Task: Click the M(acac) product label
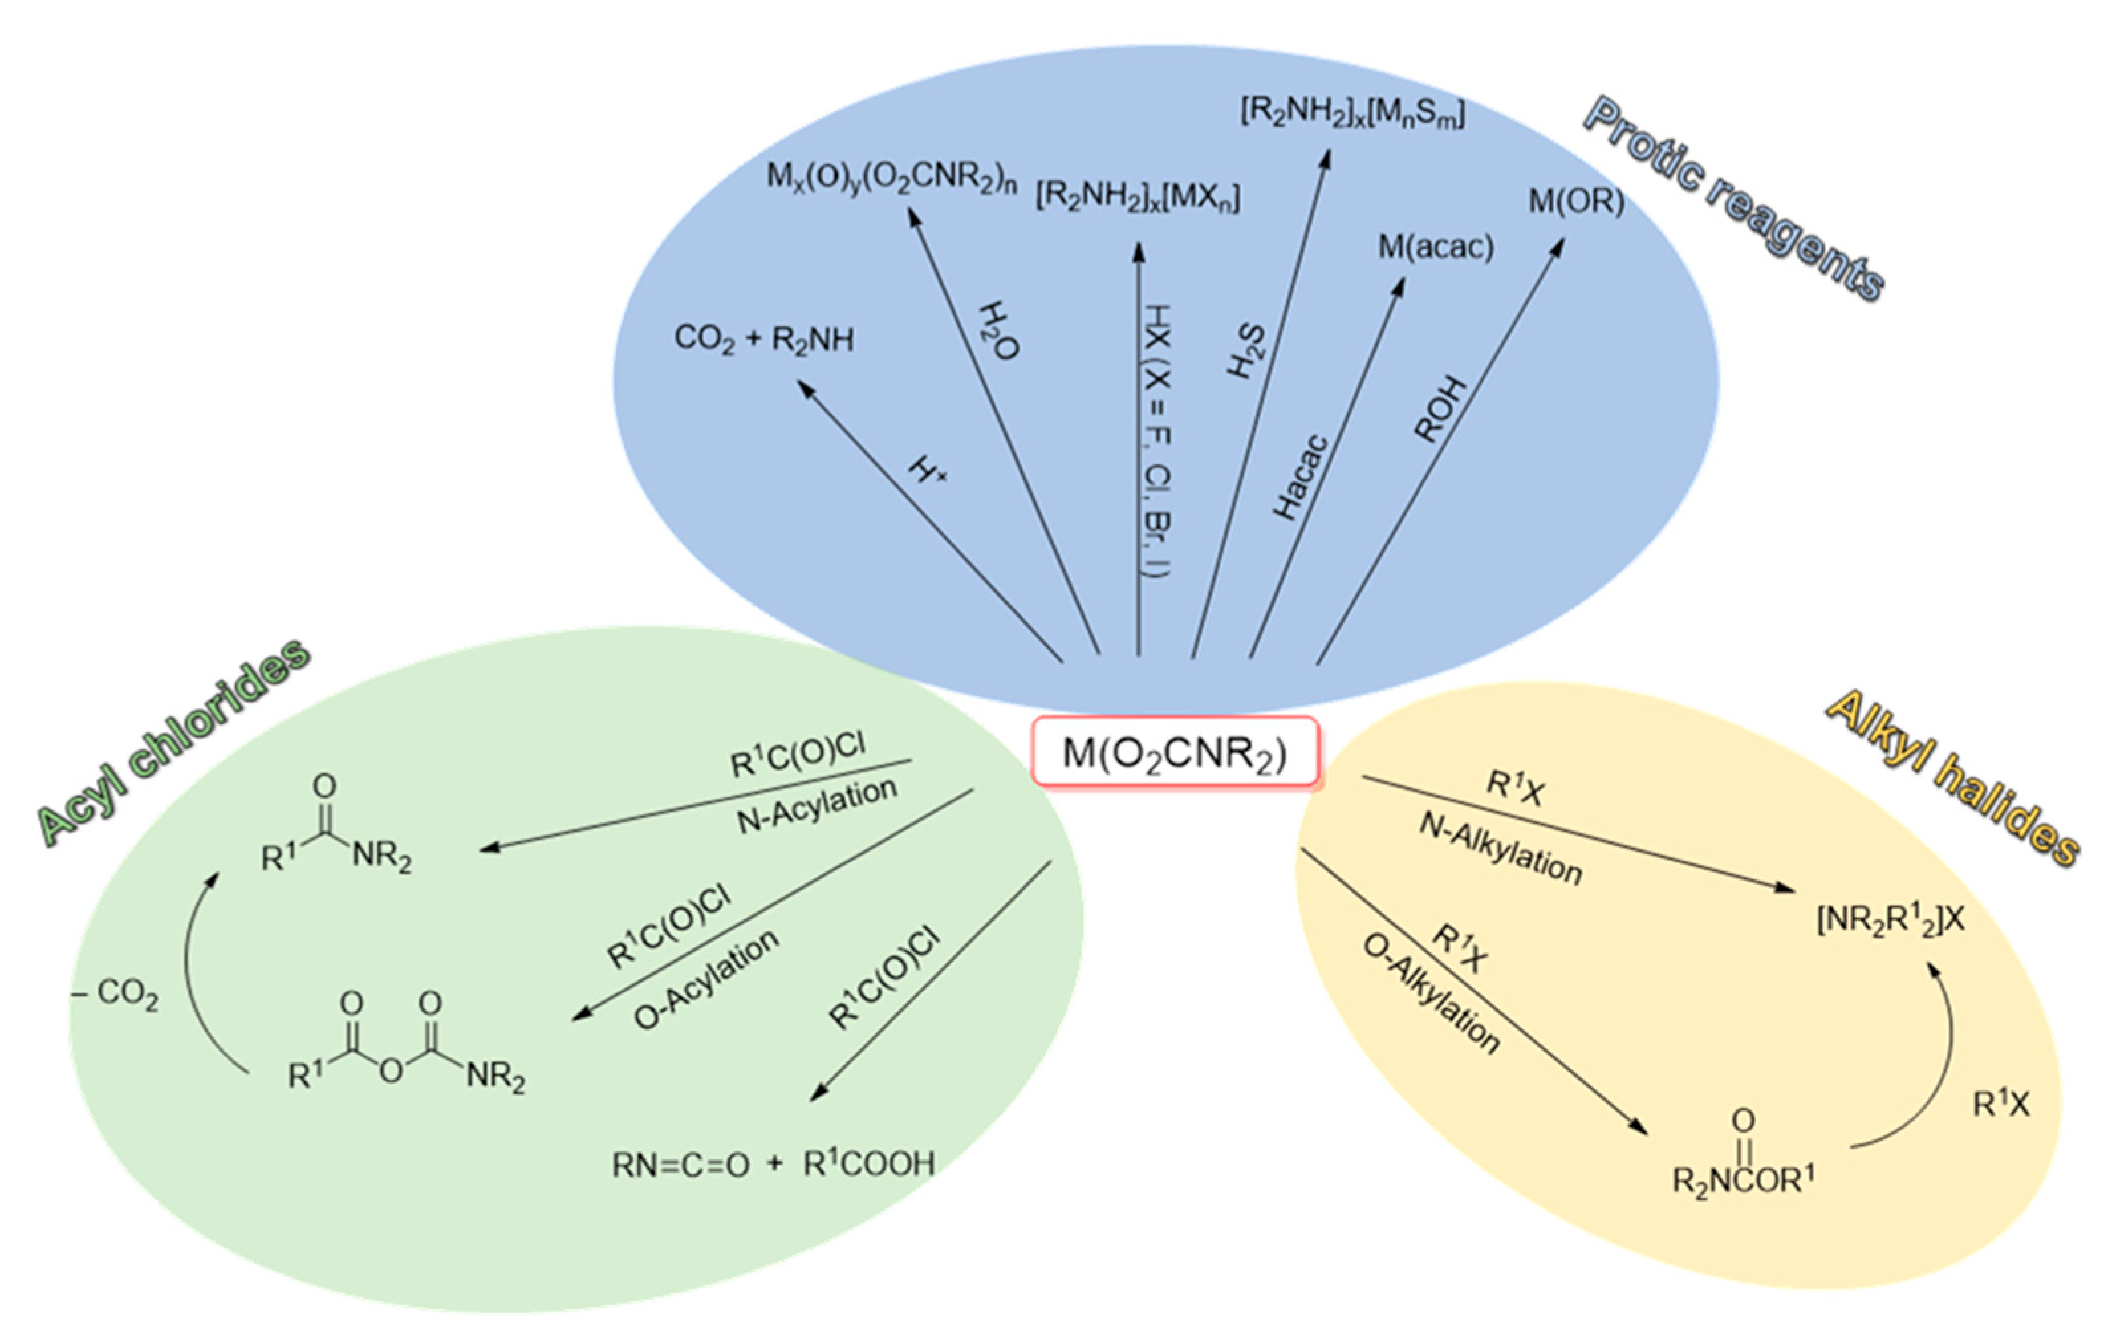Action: (x=1435, y=248)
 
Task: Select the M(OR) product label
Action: (x=1575, y=202)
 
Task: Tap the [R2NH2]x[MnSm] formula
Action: (x=1351, y=113)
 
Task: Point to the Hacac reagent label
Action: (x=1299, y=478)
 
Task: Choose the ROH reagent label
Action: (x=1439, y=409)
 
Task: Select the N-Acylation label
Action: (x=817, y=806)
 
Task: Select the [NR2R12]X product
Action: (x=1890, y=920)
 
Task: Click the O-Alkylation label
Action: (x=1431, y=993)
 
